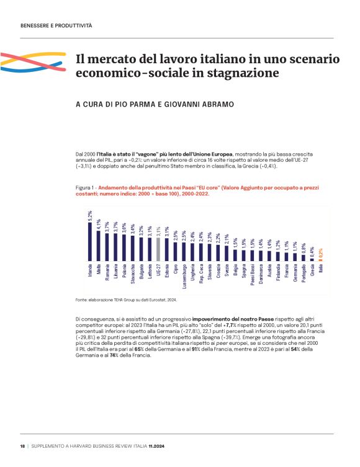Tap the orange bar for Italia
pyautogui.click(x=321, y=259)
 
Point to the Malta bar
pyautogui.click(x=99, y=244)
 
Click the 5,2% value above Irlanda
pyautogui.click(x=90, y=215)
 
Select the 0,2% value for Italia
pyautogui.click(x=321, y=252)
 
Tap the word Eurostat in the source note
pyautogui.click(x=151, y=300)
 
